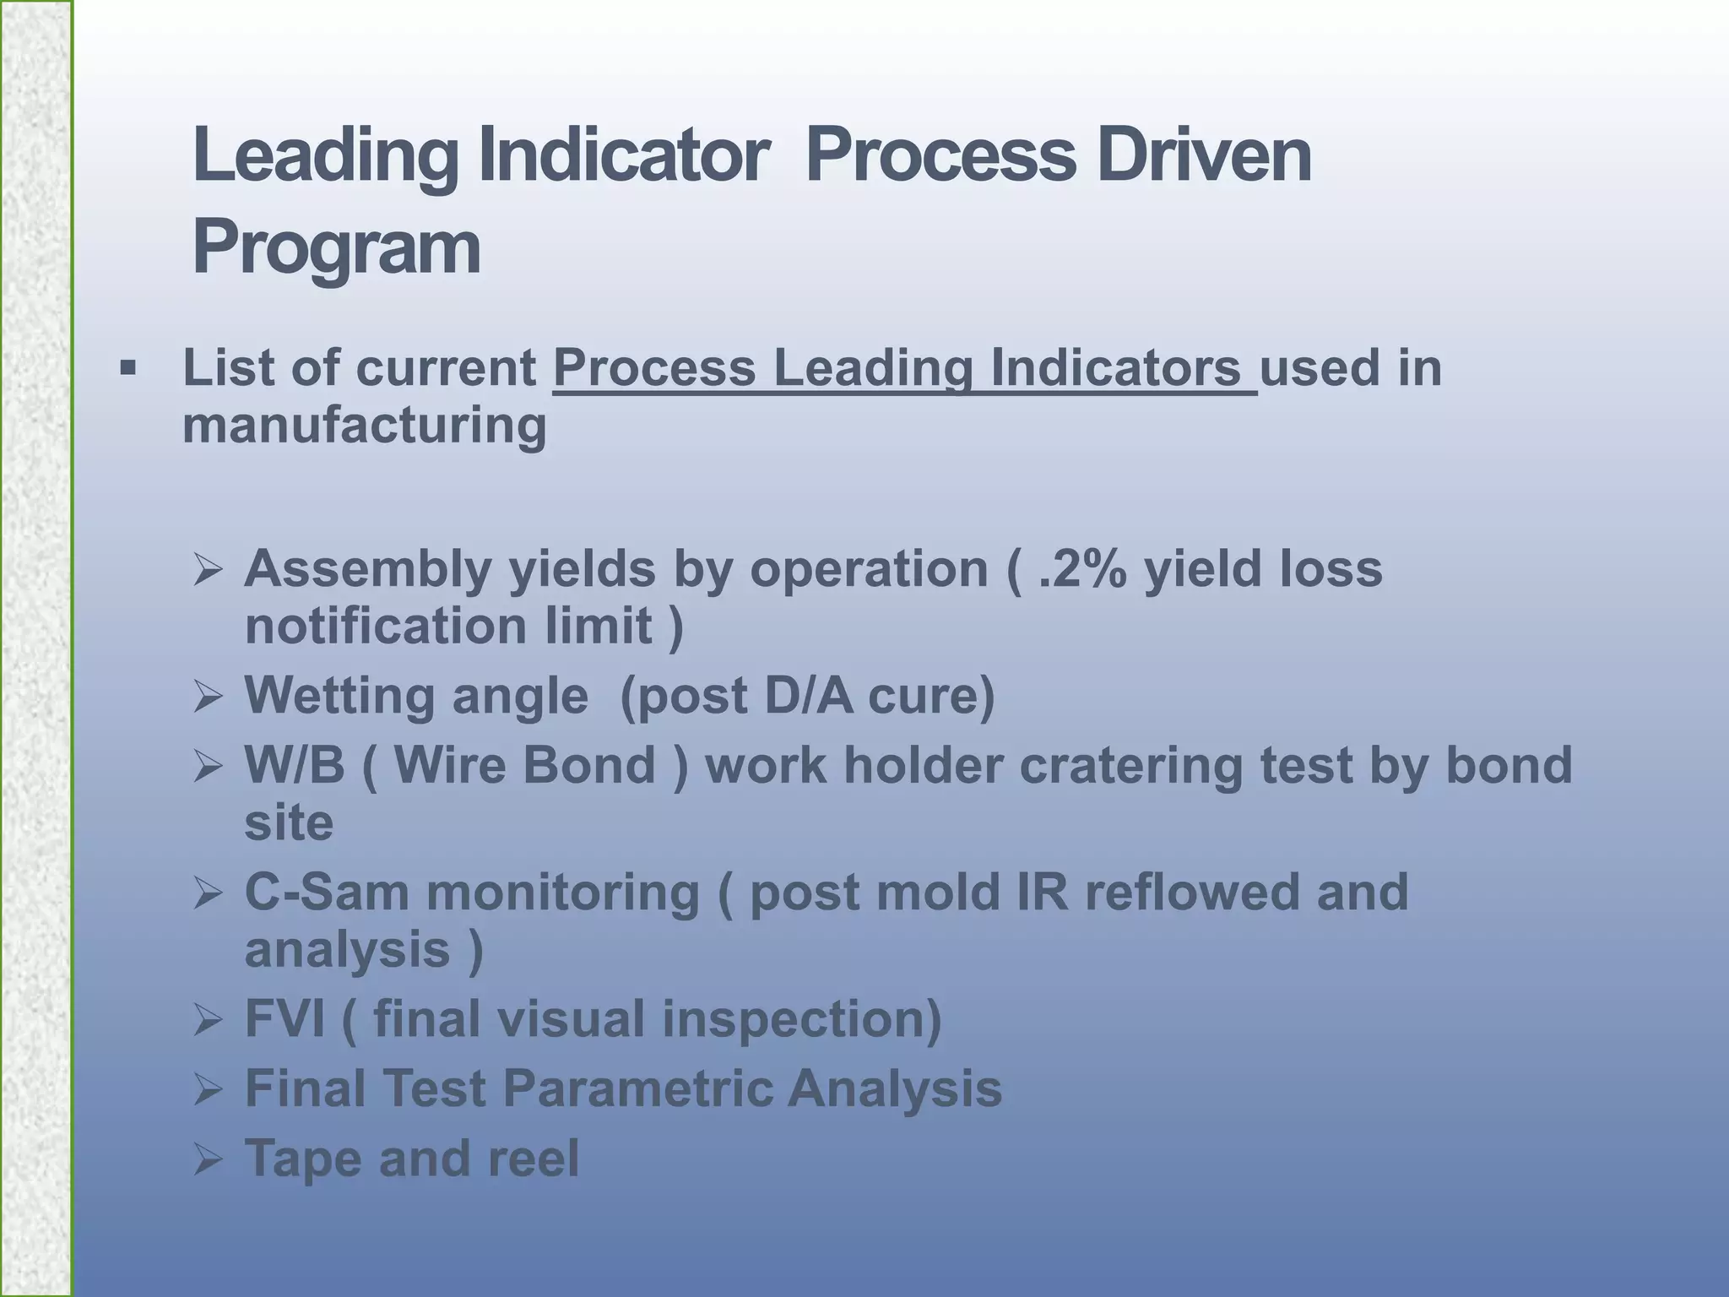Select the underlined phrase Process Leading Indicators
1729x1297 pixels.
click(903, 369)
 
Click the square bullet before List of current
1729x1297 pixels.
click(127, 368)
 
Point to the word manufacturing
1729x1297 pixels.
click(364, 425)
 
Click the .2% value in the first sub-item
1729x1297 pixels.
click(1082, 568)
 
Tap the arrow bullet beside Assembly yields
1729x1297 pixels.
click(207, 570)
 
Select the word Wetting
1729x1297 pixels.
click(339, 696)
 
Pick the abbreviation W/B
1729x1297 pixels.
click(294, 765)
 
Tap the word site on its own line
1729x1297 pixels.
click(288, 822)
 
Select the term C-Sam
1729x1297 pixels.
click(326, 893)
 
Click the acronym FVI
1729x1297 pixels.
click(284, 1018)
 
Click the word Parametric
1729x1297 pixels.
click(637, 1088)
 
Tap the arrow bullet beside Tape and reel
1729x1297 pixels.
click(207, 1159)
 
